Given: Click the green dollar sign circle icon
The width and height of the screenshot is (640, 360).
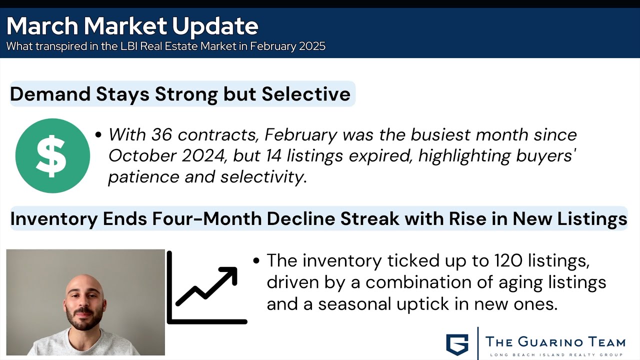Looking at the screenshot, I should [x=52, y=155].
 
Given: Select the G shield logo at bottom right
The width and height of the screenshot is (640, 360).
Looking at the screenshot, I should [x=457, y=343].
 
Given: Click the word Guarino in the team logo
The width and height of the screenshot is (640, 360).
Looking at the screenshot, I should [x=553, y=342].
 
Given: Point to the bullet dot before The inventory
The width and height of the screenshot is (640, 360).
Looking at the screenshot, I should [x=256, y=260].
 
